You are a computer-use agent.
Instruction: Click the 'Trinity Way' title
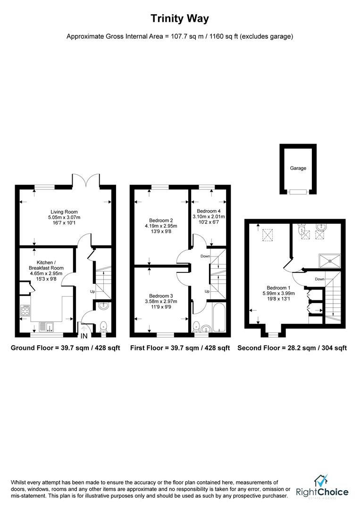point(180,19)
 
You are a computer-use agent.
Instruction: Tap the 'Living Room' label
point(65,212)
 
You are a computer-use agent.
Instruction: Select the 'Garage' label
point(298,168)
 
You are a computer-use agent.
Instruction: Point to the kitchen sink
point(47,325)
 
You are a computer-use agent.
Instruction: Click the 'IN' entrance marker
point(84,336)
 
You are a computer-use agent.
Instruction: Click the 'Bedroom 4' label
point(209,211)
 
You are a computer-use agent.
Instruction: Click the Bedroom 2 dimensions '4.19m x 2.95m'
point(161,226)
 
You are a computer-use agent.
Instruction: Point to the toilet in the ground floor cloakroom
point(103,325)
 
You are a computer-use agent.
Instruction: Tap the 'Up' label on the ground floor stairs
point(93,291)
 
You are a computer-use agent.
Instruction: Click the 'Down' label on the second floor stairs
point(320,279)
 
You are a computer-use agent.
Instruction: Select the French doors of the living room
point(86,179)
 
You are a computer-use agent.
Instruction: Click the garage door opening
point(298,192)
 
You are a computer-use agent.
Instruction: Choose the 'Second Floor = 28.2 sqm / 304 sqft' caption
point(292,348)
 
